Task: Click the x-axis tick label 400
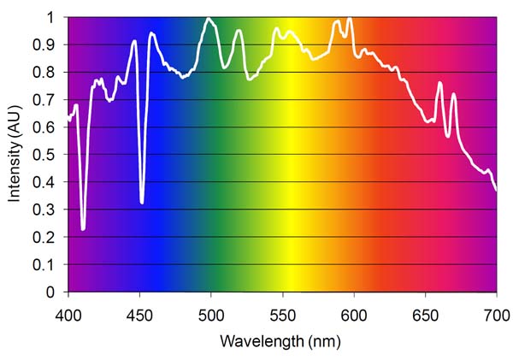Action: click(x=68, y=310)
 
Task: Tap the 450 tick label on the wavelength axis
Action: click(x=139, y=310)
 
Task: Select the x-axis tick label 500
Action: click(x=211, y=310)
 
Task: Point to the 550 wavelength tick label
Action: click(x=282, y=310)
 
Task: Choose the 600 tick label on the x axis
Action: click(x=354, y=310)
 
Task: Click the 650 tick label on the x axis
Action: click(x=425, y=310)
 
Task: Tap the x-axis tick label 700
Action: click(x=496, y=310)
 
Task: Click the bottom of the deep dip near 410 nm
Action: click(x=83, y=228)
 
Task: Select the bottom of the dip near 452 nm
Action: click(x=142, y=202)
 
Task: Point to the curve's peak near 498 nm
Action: click(x=209, y=18)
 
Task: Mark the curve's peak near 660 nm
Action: click(x=439, y=83)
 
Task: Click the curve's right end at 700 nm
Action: click(x=496, y=189)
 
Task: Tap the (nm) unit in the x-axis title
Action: click(x=327, y=341)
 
